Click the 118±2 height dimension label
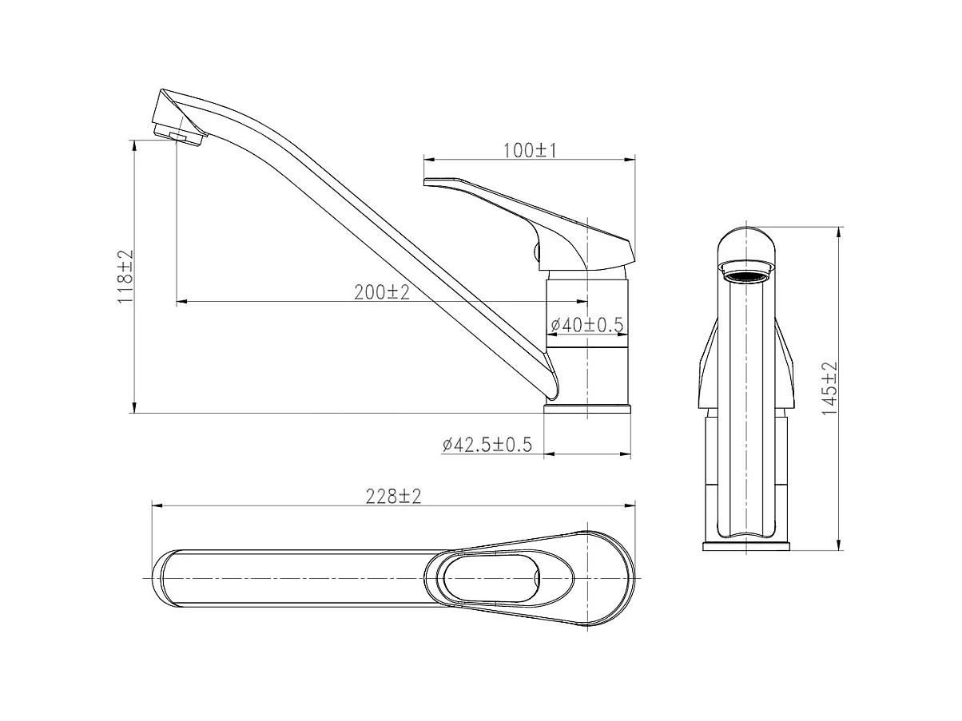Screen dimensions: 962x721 (x=125, y=277)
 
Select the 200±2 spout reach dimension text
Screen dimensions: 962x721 (x=382, y=292)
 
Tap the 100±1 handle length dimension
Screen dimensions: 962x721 (x=530, y=151)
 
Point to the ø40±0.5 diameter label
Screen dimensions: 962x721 (x=586, y=324)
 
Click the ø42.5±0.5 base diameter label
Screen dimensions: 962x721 (x=487, y=445)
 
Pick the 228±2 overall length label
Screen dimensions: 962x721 (x=393, y=497)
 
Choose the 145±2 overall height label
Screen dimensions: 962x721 (x=829, y=388)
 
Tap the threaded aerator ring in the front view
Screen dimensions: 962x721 (x=746, y=277)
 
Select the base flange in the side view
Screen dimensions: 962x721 (x=587, y=409)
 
